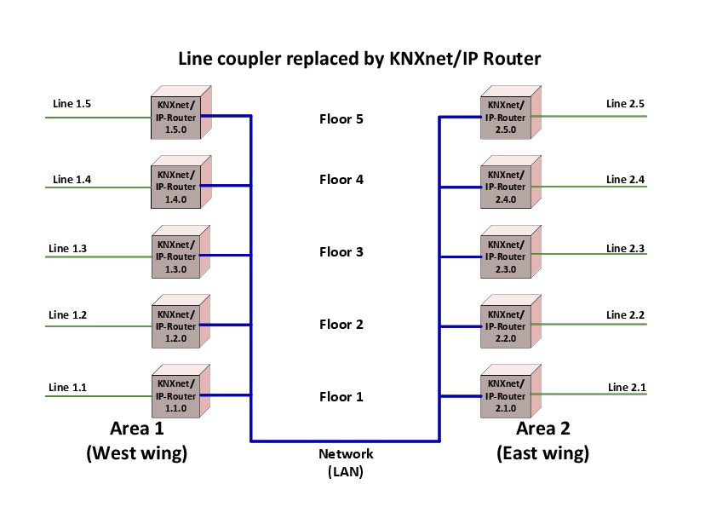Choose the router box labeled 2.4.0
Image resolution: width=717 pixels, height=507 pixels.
[x=507, y=187]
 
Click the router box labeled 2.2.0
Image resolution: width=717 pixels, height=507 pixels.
[x=507, y=326]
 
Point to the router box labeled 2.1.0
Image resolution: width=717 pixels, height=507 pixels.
[x=507, y=396]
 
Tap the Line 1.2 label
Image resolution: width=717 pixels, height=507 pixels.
[x=68, y=315]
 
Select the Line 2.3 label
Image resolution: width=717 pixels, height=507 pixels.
[x=625, y=248]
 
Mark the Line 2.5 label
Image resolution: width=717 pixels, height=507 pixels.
[x=625, y=104]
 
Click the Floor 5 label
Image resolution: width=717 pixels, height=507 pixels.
[x=341, y=119]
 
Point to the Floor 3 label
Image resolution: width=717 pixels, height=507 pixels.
[x=341, y=252]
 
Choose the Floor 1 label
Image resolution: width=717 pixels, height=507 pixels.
[x=341, y=397]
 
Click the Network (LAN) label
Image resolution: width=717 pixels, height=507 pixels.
[x=345, y=463]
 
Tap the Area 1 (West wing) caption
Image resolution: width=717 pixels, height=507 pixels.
[x=136, y=441]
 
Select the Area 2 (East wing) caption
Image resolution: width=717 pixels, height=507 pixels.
[x=542, y=441]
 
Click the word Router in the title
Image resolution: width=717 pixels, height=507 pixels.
[x=510, y=60]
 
